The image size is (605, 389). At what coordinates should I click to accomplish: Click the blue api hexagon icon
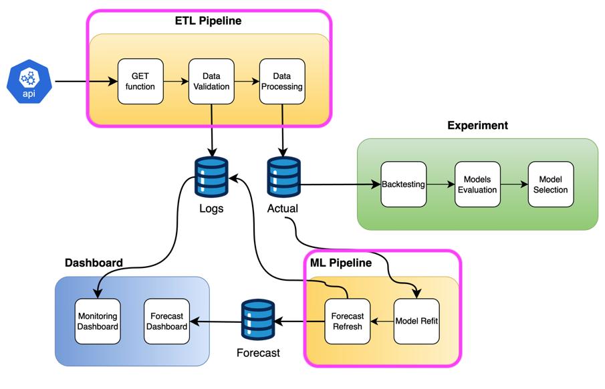point(29,82)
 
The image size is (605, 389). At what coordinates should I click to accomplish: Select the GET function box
point(140,82)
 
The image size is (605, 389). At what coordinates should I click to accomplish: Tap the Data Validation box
point(211,82)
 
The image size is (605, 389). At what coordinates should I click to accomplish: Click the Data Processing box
point(282,82)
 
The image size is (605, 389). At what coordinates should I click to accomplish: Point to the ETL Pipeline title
point(208,21)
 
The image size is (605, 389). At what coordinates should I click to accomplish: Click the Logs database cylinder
point(211,177)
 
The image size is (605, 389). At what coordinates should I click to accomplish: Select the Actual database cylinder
point(283,177)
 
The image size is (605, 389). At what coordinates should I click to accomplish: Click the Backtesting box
point(403,184)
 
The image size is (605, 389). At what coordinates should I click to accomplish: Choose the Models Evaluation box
point(477,184)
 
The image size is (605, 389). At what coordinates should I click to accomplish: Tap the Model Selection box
point(551,184)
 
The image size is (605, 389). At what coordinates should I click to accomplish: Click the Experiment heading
point(477,126)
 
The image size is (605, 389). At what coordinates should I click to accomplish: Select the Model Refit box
point(416,321)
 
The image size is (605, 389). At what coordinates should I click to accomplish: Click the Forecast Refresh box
point(348,321)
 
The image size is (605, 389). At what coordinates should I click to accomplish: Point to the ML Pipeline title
point(341,263)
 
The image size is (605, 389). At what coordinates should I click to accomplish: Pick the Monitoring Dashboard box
point(98,321)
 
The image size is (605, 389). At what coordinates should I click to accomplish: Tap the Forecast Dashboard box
point(166,321)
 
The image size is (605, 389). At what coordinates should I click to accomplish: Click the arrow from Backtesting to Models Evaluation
point(441,184)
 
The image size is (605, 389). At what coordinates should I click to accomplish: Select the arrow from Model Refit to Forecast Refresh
point(382,321)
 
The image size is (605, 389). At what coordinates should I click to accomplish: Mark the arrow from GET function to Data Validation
point(176,82)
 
